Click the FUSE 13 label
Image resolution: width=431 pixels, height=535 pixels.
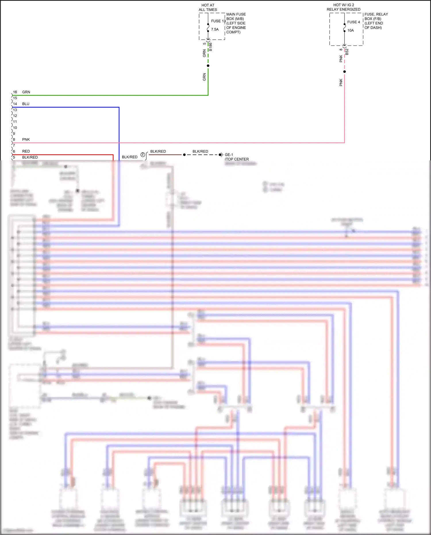coord(218,21)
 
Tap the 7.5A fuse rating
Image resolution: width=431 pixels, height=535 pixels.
coord(215,29)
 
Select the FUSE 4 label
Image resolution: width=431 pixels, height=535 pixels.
coord(353,22)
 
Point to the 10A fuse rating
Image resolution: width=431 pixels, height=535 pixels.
coord(350,30)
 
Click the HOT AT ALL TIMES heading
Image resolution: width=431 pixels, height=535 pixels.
coord(208,7)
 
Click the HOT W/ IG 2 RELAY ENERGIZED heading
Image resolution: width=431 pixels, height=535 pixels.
coord(343,7)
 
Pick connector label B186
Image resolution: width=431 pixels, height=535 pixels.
coord(211,47)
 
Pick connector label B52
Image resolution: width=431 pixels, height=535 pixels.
coord(347,52)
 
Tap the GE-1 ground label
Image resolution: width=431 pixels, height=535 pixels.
coord(229,155)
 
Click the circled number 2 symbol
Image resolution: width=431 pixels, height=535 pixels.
coord(143,155)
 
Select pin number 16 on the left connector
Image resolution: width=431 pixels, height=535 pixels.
coord(15,92)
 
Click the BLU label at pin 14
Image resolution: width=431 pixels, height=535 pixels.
coord(26,104)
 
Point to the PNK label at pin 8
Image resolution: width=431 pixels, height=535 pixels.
coord(26,139)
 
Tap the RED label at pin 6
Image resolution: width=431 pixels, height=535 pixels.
coord(26,151)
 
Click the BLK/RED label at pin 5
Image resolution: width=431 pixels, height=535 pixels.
coord(30,157)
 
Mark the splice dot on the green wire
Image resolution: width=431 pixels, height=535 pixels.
coord(208,66)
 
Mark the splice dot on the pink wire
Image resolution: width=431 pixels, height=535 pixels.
coord(345,72)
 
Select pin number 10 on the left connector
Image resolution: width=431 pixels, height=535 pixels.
coord(15,128)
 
